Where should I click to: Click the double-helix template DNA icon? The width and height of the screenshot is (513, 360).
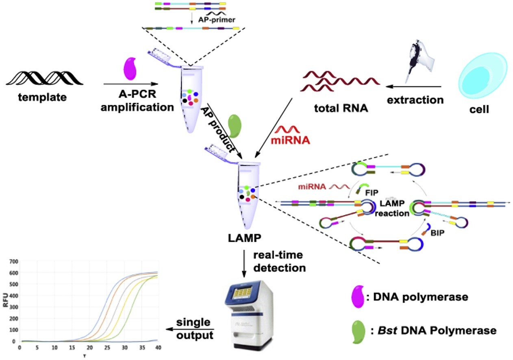click(45, 77)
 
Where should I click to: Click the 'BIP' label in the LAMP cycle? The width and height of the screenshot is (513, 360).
click(433, 234)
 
